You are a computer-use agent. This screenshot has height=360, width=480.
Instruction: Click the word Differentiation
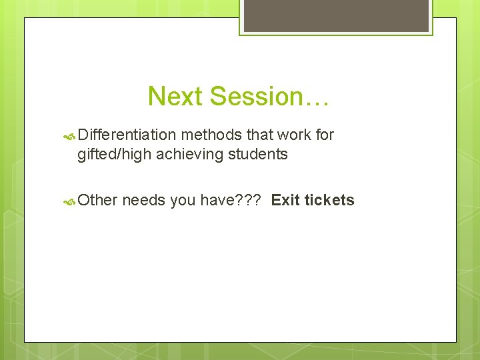tap(126, 135)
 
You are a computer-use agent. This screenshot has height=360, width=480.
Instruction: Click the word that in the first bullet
tap(259, 135)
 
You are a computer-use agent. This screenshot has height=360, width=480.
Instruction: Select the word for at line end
tap(325, 135)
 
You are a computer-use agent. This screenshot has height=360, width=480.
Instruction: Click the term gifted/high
tap(114, 155)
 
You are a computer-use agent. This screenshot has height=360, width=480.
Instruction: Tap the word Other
tap(97, 200)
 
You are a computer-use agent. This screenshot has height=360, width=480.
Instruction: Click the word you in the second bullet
tap(182, 200)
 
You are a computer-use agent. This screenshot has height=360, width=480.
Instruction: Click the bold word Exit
tap(285, 200)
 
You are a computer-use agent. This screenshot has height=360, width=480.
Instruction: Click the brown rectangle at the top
tap(335, 15)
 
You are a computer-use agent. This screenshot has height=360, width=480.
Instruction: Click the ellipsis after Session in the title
tap(316, 97)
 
